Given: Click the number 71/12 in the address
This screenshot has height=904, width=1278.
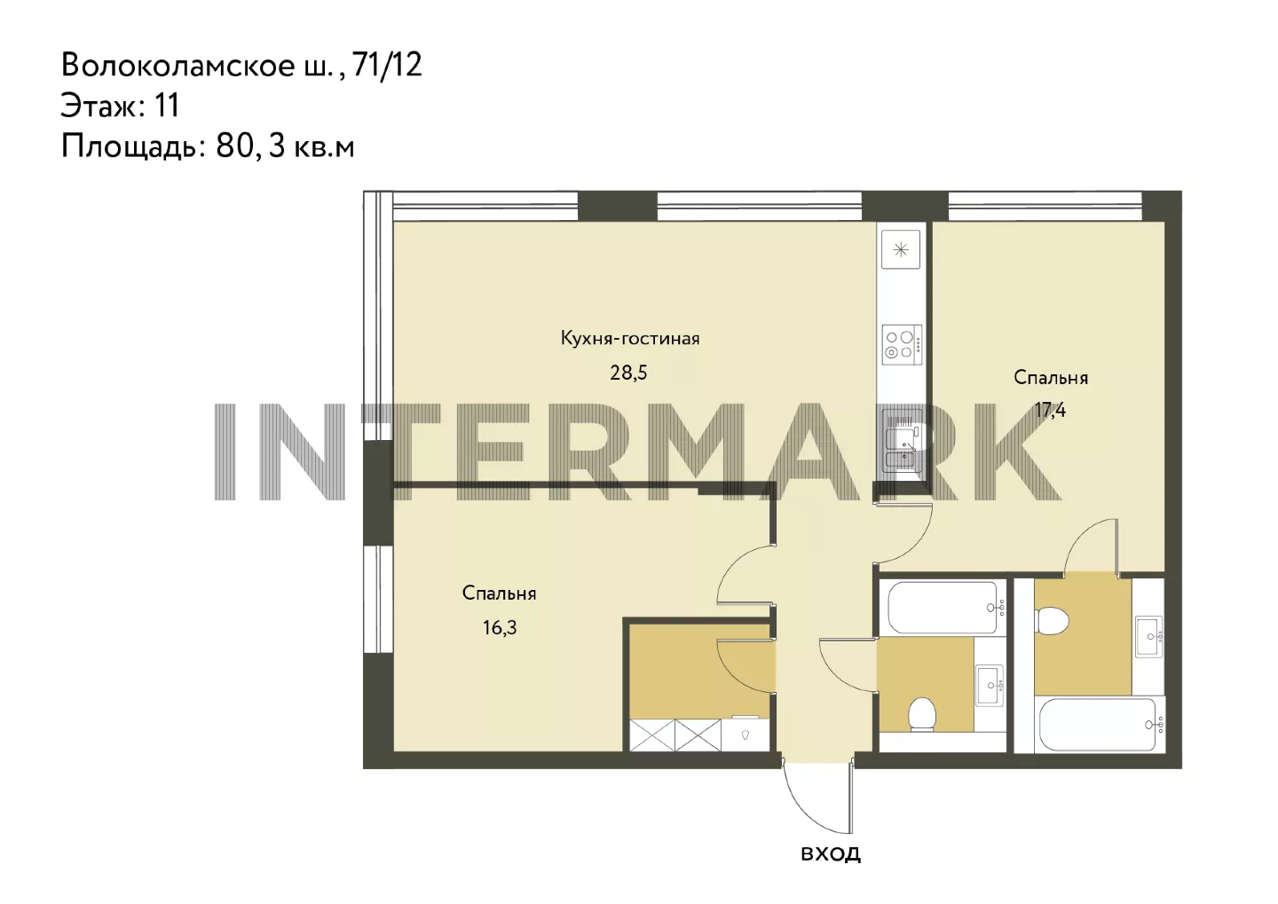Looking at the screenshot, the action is click(387, 65).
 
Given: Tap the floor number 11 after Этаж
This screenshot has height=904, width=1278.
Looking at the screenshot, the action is click(166, 106).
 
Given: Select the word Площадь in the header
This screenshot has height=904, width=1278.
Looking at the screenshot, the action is click(133, 148).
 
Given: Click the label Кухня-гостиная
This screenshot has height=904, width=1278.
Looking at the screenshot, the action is click(630, 338).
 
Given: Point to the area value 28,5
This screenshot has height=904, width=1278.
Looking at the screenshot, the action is click(628, 373).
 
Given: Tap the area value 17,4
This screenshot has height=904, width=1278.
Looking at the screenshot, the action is click(1051, 410).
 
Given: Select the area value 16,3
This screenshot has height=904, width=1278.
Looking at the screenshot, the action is click(500, 628).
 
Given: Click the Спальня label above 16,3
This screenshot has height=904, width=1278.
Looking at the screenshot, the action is click(499, 593).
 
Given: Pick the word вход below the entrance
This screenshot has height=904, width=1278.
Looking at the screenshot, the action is click(831, 853).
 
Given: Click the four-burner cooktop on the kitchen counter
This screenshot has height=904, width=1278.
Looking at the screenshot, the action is click(902, 344).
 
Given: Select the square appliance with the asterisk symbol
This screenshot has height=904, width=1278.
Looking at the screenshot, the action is click(901, 249).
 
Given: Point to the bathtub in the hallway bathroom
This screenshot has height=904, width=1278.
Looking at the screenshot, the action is click(943, 608).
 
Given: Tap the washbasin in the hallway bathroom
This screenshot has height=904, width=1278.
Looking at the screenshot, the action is click(990, 686).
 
